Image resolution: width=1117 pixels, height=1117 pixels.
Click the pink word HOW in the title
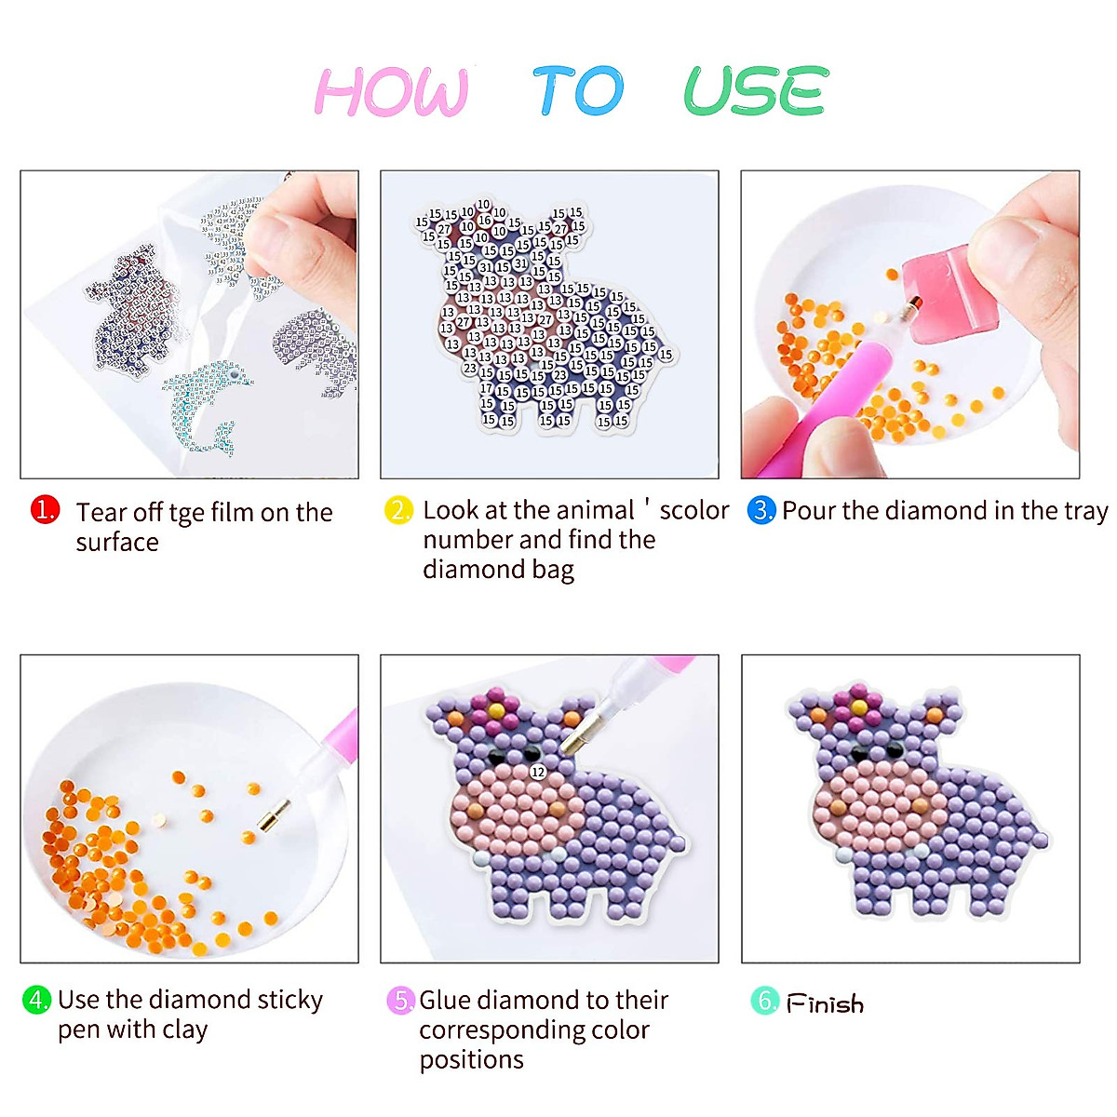[391, 92]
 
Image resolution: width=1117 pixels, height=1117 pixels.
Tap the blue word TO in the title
[578, 91]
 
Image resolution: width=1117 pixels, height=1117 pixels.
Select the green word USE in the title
[755, 91]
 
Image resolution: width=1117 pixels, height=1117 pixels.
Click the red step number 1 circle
[45, 510]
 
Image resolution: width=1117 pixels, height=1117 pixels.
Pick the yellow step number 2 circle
[398, 510]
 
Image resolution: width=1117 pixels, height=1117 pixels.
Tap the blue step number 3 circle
[761, 510]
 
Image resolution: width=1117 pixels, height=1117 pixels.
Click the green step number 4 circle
[36, 1000]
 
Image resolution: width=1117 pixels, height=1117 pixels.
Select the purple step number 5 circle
[400, 1001]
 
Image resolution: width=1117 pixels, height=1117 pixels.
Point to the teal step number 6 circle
[764, 1001]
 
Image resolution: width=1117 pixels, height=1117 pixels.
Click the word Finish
[826, 1003]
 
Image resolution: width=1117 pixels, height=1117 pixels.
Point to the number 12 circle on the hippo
[538, 772]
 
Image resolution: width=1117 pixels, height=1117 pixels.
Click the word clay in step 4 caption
[183, 1030]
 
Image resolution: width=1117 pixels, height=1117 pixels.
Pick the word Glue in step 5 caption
[446, 1000]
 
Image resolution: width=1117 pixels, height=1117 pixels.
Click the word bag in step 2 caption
[554, 570]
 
